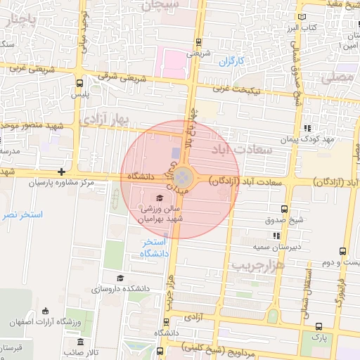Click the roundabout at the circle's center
tap(181, 176)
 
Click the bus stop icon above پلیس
tap(77, 82)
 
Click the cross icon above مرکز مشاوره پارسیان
tap(62, 172)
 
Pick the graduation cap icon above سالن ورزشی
tap(159, 198)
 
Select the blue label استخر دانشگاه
tap(152, 247)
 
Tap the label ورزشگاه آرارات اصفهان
tap(49, 321)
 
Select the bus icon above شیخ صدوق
tap(283, 210)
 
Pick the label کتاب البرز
tap(302, 28)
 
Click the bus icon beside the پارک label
tap(320, 326)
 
